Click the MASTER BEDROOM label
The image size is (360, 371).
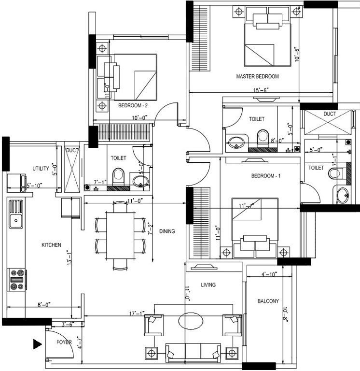[257, 76]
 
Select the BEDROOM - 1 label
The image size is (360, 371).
[266, 176]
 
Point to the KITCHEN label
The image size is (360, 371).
[51, 245]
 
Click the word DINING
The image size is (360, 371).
[166, 231]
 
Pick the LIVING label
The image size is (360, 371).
[208, 285]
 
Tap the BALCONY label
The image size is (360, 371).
[268, 301]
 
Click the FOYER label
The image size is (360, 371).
[64, 342]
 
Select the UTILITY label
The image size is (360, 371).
[41, 169]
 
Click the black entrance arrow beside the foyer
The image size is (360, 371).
[37, 344]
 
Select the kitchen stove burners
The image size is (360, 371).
[16, 280]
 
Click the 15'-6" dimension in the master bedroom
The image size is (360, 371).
[261, 90]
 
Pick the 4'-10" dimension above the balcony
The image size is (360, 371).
[268, 274]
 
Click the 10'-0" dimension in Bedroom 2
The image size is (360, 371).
[138, 117]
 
